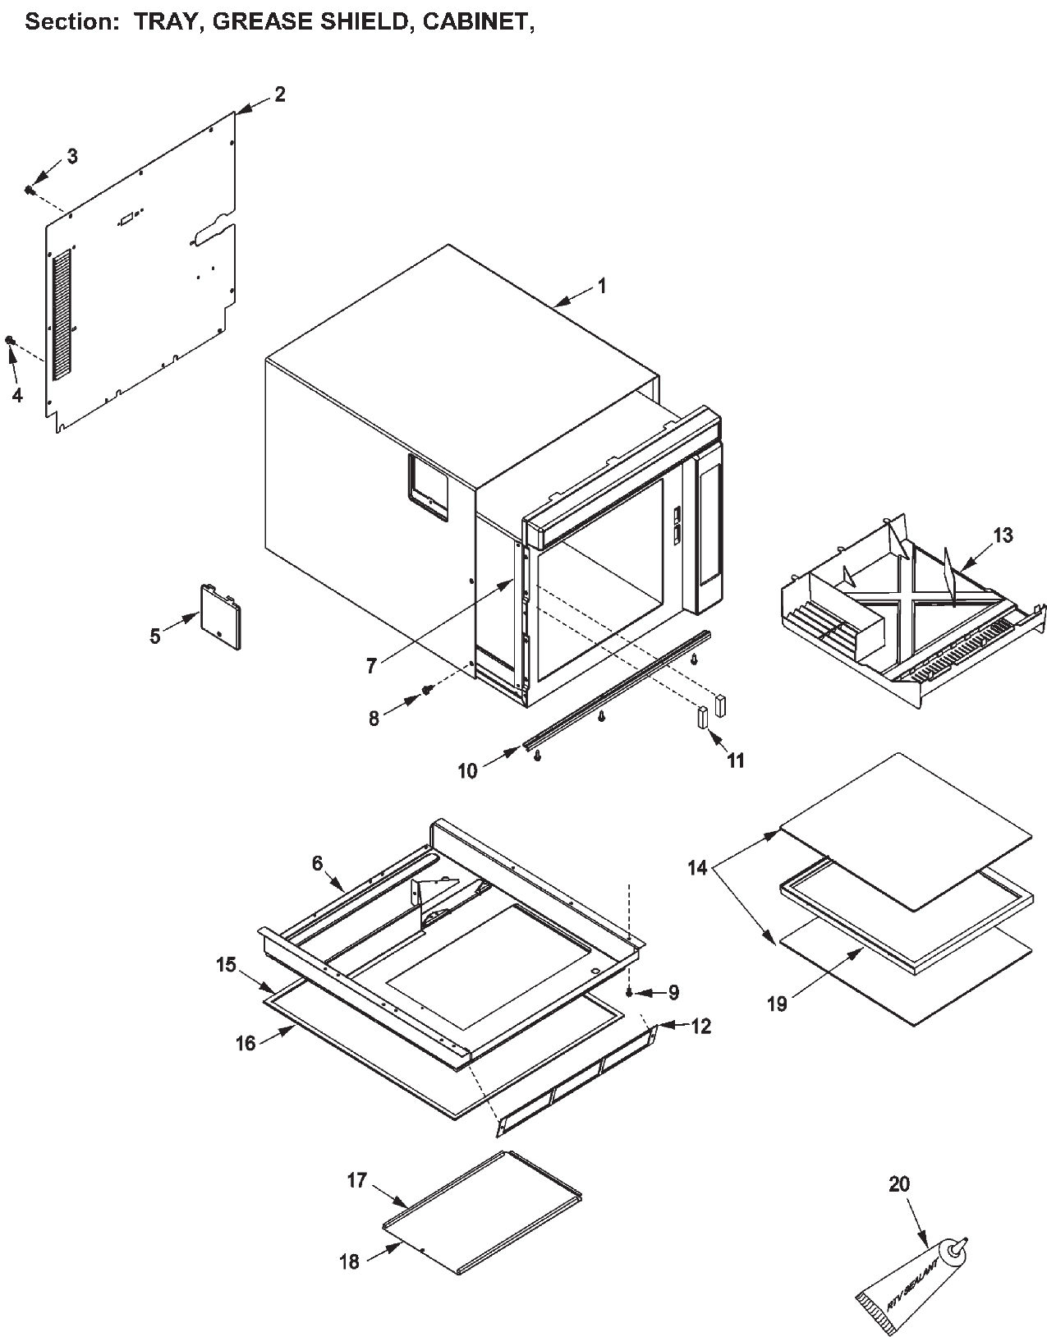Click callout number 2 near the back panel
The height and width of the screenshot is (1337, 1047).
coord(280,94)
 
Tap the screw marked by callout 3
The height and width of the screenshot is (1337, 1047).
coord(30,190)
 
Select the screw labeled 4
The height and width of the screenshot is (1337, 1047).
coord(11,340)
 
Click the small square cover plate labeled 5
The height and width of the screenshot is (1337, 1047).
coord(220,616)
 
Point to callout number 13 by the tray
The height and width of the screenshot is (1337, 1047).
coord(1003,535)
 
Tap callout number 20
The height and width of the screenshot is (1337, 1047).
coord(899,1183)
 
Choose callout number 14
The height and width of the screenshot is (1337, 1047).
coord(697,868)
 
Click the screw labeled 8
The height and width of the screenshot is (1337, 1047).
coord(427,691)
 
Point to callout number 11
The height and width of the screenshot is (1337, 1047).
coord(736,761)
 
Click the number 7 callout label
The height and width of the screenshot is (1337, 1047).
coord(371,666)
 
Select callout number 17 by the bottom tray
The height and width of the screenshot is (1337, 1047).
coord(356,1180)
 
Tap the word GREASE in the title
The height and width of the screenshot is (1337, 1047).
coord(259,22)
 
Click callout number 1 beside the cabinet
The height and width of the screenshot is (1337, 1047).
coord(602,286)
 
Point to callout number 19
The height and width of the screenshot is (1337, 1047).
coord(777,1004)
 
